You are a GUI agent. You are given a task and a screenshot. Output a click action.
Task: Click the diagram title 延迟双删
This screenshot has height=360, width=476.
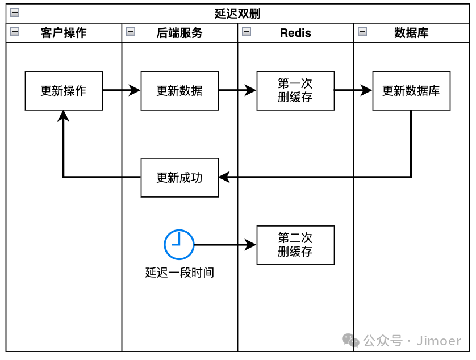[x=237, y=14]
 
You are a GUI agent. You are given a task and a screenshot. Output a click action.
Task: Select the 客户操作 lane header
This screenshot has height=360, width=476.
[x=64, y=33]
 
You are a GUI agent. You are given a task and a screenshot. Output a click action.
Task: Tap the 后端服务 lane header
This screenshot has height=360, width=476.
[x=179, y=33]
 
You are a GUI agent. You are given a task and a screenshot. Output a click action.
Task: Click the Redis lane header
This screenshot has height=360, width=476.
[x=295, y=33]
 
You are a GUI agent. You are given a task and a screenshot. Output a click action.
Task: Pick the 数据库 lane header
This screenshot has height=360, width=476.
[x=411, y=33]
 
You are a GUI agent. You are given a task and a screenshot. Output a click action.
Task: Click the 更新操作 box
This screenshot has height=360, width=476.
[x=64, y=90]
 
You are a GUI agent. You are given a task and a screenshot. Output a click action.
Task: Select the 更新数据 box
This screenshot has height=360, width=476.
[x=179, y=90]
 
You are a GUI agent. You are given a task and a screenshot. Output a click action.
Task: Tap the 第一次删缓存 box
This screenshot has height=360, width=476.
[x=295, y=90]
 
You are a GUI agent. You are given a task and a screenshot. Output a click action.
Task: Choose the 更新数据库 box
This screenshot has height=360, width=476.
[x=411, y=90]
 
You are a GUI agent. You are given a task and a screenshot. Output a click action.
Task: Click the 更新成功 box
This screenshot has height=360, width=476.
[x=179, y=178]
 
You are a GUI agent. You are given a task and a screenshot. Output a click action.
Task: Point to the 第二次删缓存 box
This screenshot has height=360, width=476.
[x=295, y=245]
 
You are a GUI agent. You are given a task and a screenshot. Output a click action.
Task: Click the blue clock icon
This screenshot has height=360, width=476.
[x=179, y=245]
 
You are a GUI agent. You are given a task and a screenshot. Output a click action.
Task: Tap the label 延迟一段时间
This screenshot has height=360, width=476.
[x=179, y=273]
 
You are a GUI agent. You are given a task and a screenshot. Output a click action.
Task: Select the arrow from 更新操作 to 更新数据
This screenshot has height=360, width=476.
[x=122, y=90]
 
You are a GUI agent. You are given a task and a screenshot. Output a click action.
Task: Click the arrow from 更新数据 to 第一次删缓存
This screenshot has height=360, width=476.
[x=237, y=90]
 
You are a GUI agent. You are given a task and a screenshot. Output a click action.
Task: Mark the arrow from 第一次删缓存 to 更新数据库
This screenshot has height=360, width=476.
[x=353, y=90]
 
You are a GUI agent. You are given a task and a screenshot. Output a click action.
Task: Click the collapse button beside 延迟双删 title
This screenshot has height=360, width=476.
[x=15, y=13]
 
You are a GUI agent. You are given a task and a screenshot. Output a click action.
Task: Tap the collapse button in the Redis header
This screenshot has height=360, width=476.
[x=247, y=32]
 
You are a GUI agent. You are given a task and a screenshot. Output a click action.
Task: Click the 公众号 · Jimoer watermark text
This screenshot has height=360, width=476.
[x=412, y=341]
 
